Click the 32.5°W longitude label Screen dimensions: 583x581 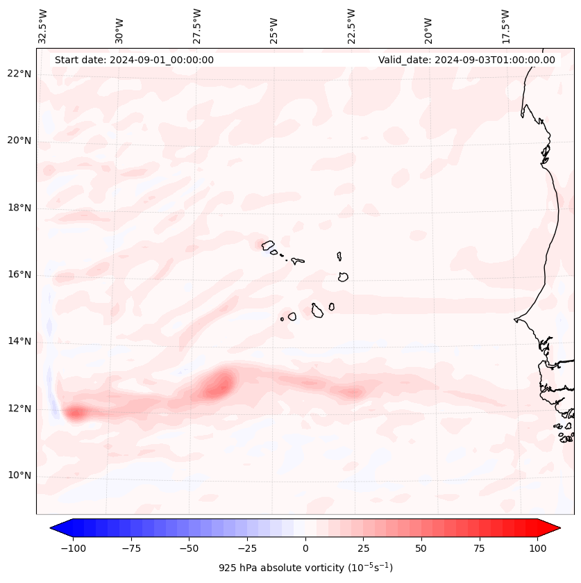point(43,26)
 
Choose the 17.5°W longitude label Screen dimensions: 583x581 point(505,26)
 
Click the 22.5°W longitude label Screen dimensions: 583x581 point(351,26)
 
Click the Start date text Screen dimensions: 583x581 point(134,60)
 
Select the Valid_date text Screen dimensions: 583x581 point(466,60)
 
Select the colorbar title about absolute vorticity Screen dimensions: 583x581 point(305,568)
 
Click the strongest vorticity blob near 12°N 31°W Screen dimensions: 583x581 point(75,413)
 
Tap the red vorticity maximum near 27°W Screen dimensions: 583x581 point(221,386)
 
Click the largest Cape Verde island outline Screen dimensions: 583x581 point(317,310)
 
